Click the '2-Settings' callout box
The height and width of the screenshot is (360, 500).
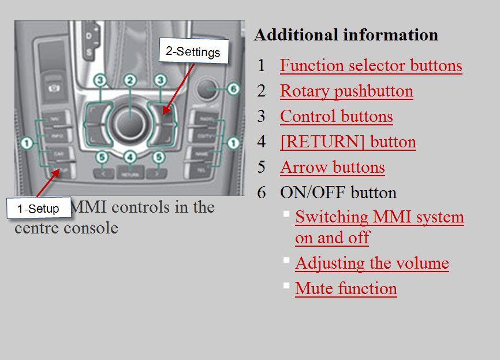(193, 51)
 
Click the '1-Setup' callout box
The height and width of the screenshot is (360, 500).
(38, 209)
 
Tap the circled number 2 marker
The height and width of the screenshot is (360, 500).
(130, 80)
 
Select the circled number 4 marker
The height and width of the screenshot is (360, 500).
(130, 157)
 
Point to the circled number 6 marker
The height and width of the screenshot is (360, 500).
(232, 89)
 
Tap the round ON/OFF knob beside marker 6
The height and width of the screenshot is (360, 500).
(206, 89)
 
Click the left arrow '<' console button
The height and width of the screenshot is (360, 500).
(103, 172)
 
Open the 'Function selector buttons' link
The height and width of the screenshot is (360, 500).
(371, 66)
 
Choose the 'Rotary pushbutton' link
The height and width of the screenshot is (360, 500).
(346, 91)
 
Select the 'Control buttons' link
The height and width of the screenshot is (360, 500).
(336, 117)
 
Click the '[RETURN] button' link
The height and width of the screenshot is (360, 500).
(348, 142)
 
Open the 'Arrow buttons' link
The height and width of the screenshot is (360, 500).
(332, 168)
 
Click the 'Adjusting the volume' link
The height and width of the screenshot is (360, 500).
(372, 263)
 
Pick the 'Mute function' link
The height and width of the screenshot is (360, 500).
(346, 289)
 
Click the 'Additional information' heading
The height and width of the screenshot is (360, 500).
(346, 35)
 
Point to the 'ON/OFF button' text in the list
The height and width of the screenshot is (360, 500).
(338, 192)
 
